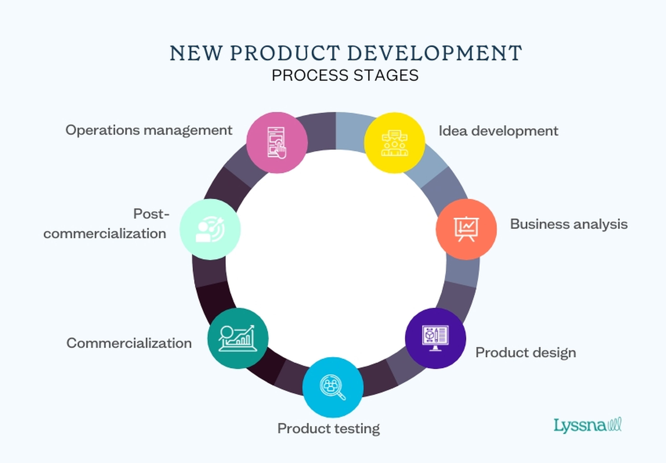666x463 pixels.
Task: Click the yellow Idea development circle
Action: (x=395, y=143)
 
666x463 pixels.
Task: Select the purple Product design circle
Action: (x=435, y=338)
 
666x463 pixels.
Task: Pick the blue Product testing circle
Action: (x=333, y=387)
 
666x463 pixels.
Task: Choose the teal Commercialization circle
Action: (x=238, y=338)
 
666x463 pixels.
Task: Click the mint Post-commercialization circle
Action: (x=210, y=229)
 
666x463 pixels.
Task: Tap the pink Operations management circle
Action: (x=277, y=143)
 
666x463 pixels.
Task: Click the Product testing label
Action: (x=328, y=428)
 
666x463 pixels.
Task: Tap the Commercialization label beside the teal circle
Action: (x=129, y=343)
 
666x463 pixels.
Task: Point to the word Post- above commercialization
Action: (x=151, y=214)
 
